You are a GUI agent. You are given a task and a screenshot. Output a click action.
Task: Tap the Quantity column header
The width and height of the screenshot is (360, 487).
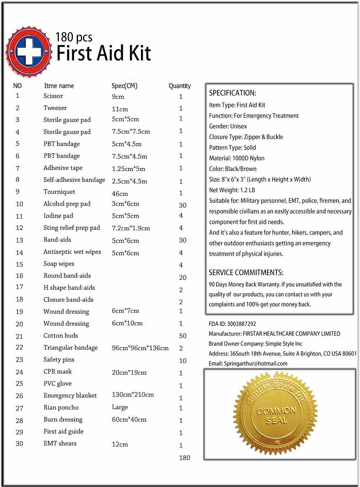pos(179,86)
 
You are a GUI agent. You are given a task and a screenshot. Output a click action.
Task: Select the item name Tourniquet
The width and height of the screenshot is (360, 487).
pos(59,192)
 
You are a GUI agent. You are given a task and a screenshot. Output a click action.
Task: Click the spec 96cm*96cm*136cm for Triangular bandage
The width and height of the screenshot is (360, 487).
pos(140,348)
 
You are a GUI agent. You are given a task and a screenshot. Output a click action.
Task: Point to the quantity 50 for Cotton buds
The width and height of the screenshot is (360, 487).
pos(183,336)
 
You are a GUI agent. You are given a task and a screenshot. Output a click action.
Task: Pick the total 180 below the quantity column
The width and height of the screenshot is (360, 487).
pos(184,458)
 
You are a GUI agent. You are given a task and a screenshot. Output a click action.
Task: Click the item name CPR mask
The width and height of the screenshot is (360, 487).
pos(58,371)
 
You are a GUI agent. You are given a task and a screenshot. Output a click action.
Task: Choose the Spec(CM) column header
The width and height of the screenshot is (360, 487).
pos(124,86)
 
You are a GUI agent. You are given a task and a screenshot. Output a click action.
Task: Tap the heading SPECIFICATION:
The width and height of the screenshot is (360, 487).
pos(232,93)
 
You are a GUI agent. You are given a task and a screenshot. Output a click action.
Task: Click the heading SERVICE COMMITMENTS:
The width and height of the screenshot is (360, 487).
pos(246,273)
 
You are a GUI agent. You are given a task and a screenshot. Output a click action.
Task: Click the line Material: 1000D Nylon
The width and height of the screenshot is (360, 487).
pos(237,158)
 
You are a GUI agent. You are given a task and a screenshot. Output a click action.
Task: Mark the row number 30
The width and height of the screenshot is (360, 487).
pos(19,444)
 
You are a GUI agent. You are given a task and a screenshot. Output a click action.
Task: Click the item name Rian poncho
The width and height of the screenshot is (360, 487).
pos(61,407)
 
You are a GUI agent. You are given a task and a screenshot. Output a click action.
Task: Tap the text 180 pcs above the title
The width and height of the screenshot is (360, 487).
pos(74,37)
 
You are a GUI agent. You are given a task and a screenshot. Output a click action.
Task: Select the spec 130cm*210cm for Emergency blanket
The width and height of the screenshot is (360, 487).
pos(133,395)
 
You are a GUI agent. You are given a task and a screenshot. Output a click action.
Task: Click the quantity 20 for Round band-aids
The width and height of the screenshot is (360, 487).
pos(183,278)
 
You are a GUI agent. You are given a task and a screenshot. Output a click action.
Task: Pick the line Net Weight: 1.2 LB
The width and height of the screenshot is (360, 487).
pos(232,190)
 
